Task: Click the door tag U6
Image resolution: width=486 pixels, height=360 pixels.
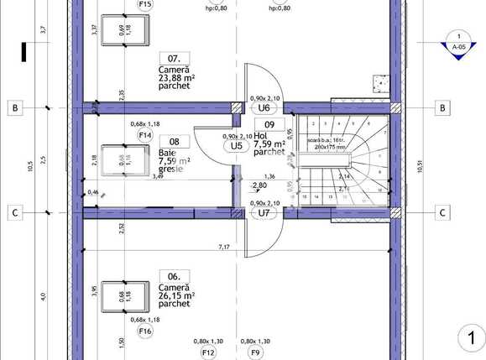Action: click(264, 107)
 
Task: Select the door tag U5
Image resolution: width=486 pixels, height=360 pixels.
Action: click(237, 145)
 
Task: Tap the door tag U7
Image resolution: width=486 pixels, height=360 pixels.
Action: click(264, 212)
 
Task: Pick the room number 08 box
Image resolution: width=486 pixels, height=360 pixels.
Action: click(174, 142)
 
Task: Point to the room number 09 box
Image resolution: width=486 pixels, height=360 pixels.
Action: click(269, 125)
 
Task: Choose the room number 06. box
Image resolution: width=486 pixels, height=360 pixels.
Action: click(174, 275)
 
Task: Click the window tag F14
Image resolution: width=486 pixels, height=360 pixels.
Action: click(145, 134)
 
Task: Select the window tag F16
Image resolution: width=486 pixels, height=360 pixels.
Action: click(145, 331)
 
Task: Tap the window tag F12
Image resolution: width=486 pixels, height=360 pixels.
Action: click(208, 352)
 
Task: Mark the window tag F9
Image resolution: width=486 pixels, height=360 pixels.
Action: click(255, 352)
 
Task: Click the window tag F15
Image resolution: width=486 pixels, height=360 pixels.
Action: click(145, 4)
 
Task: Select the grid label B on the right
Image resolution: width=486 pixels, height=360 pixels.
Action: click(442, 107)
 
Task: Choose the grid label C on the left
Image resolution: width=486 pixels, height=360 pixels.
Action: click(14, 212)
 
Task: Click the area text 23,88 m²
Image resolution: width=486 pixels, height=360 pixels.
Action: click(176, 80)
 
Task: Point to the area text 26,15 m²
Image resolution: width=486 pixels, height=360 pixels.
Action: click(176, 295)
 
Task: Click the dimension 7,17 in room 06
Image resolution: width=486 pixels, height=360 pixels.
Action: click(224, 247)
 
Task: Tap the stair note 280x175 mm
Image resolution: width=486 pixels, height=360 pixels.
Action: click(329, 147)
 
